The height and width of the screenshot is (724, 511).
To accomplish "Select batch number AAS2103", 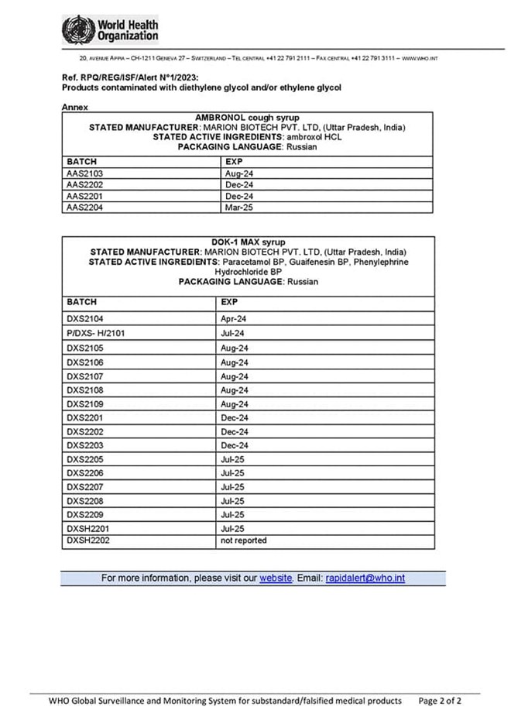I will (85, 173).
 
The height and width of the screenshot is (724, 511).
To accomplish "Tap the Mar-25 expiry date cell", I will (238, 207).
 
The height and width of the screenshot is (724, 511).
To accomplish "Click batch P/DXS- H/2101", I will (96, 333).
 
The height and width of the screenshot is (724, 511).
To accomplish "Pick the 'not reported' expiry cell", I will (243, 540).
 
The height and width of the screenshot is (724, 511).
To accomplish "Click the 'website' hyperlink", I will (276, 578).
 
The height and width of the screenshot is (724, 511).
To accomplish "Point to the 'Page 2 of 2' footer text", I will (440, 701).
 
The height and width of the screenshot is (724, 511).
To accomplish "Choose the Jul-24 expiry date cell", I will (232, 333).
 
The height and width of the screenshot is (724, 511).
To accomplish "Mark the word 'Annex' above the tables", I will (75, 107).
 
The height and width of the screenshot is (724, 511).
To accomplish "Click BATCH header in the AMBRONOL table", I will (81, 161).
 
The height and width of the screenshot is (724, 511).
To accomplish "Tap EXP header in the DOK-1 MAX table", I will (229, 302).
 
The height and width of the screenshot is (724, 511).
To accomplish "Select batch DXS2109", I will (85, 404).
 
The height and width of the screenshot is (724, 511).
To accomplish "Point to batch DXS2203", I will (85, 446).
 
